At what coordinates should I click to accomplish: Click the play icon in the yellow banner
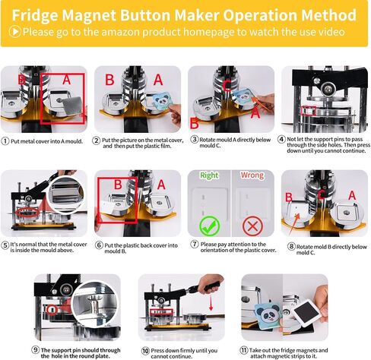(14, 31)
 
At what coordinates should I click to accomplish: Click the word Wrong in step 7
(252, 175)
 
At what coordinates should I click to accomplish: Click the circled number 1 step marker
(5, 141)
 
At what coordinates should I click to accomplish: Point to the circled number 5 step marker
(5, 245)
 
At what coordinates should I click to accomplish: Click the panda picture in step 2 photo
(162, 102)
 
